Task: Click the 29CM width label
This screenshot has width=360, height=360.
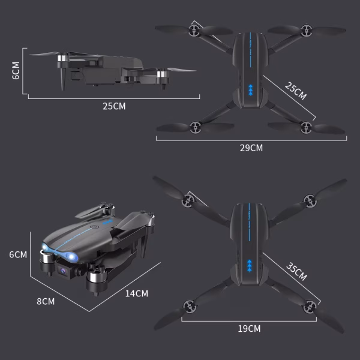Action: [x=251, y=148]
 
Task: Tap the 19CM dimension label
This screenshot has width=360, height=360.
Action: [x=250, y=328]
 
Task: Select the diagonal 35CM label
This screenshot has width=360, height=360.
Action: [x=296, y=272]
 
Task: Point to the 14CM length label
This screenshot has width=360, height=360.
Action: [x=137, y=293]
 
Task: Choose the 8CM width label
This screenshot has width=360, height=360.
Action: [x=46, y=301]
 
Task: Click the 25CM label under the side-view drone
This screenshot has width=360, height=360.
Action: [x=114, y=106]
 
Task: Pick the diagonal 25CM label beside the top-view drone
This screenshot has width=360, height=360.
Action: [x=295, y=92]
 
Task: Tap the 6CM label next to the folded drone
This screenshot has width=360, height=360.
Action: [x=18, y=254]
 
